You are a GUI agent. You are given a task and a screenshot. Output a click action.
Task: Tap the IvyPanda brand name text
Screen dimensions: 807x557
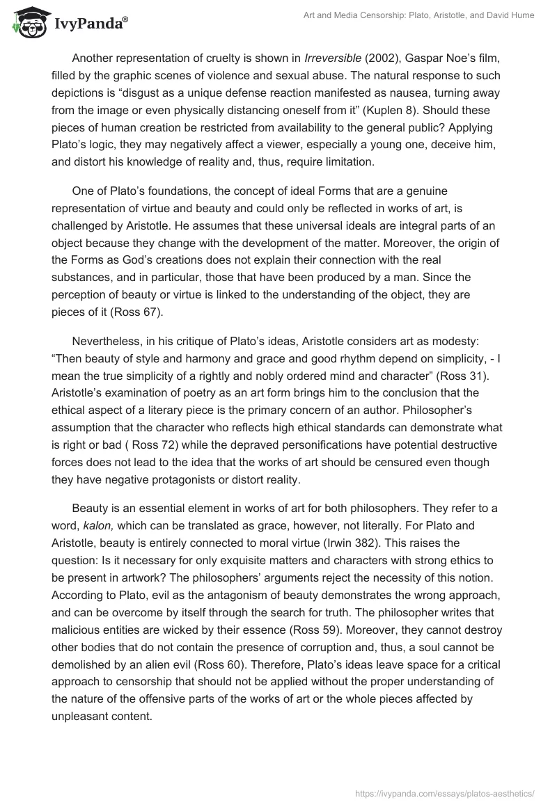pyautogui.click(x=91, y=24)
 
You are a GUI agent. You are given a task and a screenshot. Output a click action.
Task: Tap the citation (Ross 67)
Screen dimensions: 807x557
pyautogui.click(x=132, y=312)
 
